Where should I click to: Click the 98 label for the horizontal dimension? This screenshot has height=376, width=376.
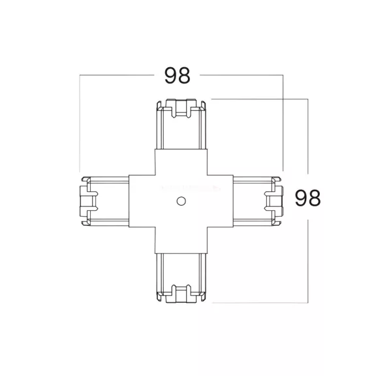[x=177, y=75]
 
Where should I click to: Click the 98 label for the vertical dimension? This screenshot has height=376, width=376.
[x=307, y=198]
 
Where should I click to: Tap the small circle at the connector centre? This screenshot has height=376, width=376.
[x=181, y=201]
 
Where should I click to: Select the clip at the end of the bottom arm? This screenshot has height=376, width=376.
[x=181, y=294]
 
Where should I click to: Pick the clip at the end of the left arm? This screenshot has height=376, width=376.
[x=89, y=201]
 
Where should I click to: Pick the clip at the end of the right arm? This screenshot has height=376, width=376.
[x=274, y=201]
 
